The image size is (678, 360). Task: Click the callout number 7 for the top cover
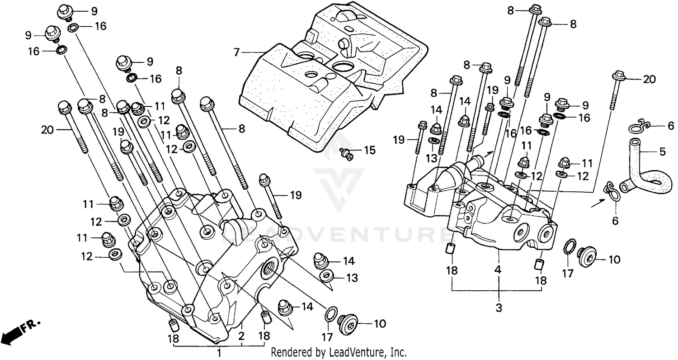(235, 52)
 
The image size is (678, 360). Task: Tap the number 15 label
(369, 150)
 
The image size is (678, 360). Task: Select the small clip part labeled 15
(348, 153)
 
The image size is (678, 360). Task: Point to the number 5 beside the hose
(662, 152)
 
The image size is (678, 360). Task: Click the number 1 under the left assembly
(219, 352)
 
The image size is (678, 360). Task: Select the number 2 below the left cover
(241, 336)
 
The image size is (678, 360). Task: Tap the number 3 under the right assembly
(499, 308)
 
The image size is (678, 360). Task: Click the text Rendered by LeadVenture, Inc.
(339, 352)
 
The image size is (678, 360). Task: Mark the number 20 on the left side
(47, 130)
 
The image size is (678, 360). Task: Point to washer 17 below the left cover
(330, 314)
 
